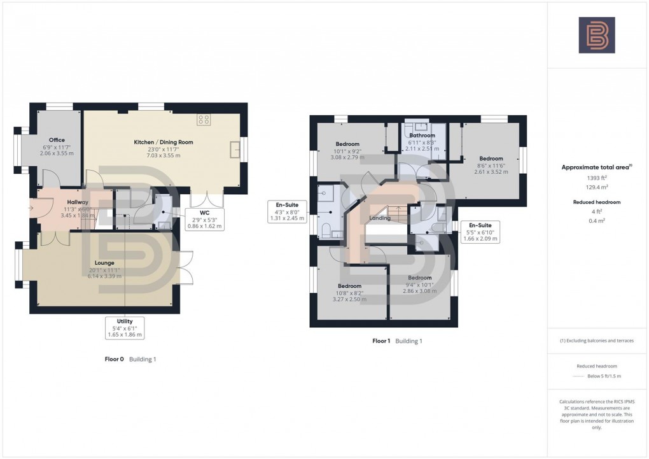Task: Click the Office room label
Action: tap(57, 140)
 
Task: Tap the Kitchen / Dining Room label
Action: tap(163, 142)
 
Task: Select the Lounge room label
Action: tap(104, 262)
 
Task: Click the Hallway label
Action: tap(78, 202)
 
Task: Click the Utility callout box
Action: tap(124, 328)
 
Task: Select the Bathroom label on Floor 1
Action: tap(422, 136)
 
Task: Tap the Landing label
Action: tap(380, 218)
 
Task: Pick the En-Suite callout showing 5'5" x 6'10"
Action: tap(480, 232)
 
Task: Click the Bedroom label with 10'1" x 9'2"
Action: tap(348, 144)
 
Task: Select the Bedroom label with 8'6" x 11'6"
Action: tap(491, 159)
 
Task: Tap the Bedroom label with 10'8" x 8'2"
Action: tap(349, 286)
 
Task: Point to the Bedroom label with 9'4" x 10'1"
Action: tap(420, 278)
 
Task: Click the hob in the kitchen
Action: tap(204, 119)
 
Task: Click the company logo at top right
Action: tap(596, 35)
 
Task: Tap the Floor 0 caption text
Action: tap(115, 360)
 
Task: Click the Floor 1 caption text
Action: tap(381, 341)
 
